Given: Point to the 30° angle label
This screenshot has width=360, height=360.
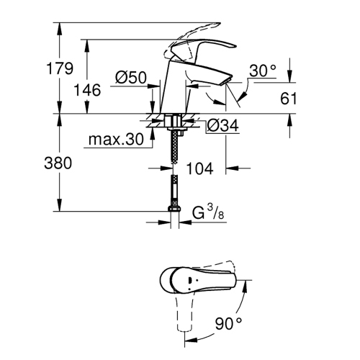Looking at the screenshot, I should pos(263,71).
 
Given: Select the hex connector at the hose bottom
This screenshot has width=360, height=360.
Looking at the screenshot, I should pos(173,209).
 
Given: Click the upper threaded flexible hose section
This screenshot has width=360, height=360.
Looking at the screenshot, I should pos(173,148).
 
